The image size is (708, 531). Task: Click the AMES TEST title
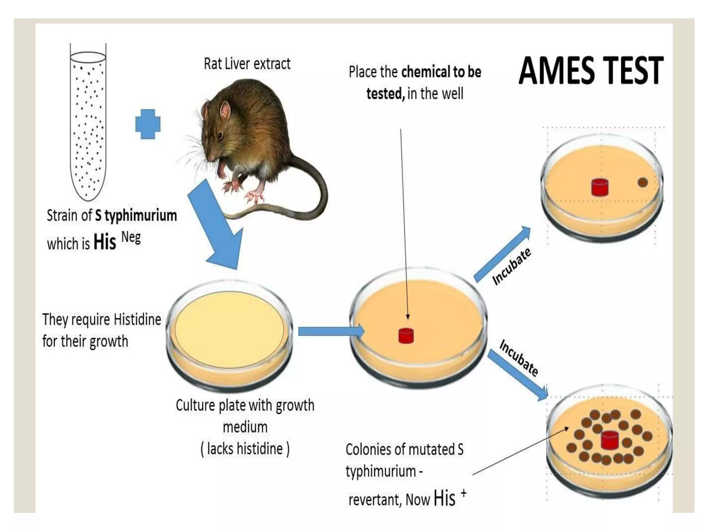[x=590, y=71]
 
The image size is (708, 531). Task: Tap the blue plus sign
[x=148, y=124]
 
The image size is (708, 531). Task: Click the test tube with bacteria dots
[x=88, y=124]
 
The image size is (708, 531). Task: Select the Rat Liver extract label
[x=247, y=64]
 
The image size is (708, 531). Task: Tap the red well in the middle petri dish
[x=406, y=336]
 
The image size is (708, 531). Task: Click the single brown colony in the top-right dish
[x=642, y=182]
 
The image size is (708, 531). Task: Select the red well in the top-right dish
[x=600, y=187]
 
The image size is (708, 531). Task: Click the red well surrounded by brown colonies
[x=609, y=440]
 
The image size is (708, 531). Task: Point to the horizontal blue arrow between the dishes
[x=330, y=331]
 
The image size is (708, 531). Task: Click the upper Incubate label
[x=511, y=266]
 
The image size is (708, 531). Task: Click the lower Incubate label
[x=519, y=358]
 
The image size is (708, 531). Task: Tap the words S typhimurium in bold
[x=136, y=216]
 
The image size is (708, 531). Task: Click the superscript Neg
[x=131, y=238]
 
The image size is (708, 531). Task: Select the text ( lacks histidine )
[x=245, y=449]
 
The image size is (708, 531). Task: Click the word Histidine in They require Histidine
[x=137, y=319]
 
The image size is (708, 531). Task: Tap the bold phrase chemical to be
[x=441, y=72]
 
